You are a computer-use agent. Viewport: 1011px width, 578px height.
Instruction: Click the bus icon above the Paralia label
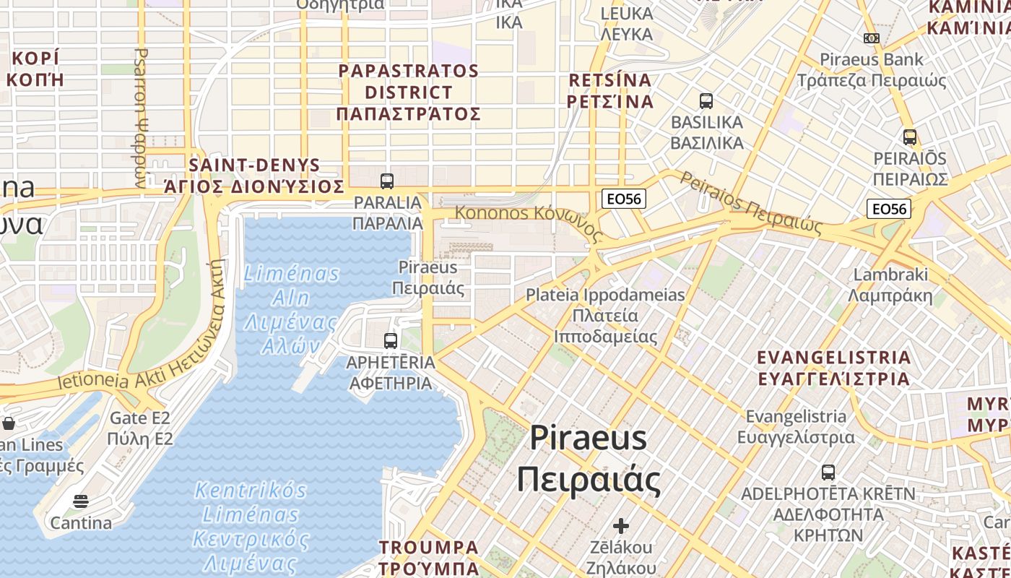387,181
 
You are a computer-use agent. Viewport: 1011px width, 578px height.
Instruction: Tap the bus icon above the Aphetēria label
391,341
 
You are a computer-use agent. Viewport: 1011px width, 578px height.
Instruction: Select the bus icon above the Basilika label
706,101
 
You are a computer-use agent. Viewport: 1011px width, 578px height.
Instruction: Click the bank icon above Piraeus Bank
872,38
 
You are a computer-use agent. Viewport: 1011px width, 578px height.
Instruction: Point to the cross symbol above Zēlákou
621,526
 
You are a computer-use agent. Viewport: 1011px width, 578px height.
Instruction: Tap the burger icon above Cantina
81,501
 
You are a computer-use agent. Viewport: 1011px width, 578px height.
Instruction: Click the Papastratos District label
408,92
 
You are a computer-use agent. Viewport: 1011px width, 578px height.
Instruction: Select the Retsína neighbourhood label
610,90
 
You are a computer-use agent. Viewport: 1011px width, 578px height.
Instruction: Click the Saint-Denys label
254,176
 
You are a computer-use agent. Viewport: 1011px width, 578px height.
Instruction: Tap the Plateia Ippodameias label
605,316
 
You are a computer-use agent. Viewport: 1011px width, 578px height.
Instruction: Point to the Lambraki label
890,285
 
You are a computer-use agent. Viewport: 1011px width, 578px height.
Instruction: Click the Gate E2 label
140,428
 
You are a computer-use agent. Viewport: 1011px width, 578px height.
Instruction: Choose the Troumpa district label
429,557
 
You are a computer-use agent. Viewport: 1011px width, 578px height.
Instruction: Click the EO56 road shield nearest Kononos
623,199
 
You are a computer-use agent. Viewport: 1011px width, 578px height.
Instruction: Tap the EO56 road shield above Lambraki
889,209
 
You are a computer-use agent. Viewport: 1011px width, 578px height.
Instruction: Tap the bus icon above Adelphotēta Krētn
828,473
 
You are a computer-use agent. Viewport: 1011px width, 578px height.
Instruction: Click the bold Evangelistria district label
833,368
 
